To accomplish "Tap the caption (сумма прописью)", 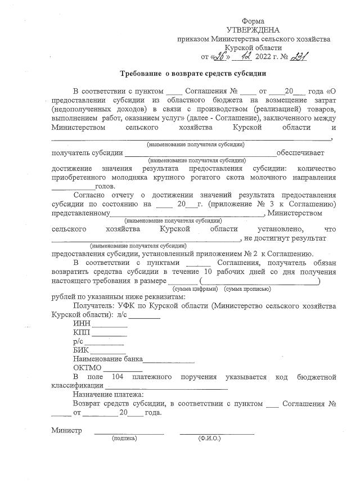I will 247,288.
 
